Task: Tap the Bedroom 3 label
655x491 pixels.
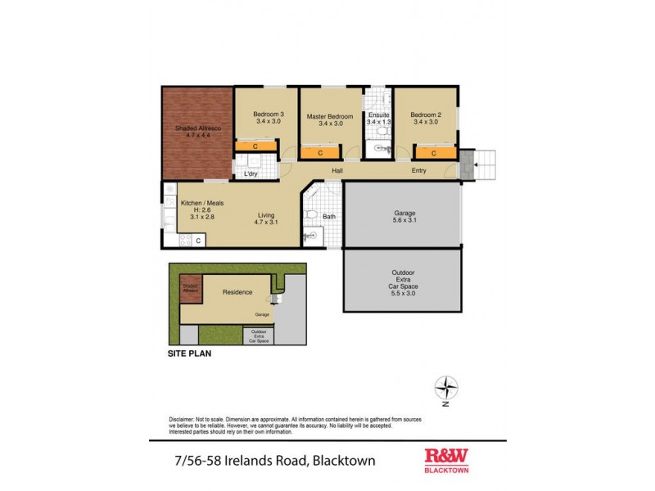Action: [268, 118]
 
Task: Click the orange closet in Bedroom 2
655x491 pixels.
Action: [433, 152]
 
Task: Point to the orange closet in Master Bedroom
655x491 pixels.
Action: [320, 152]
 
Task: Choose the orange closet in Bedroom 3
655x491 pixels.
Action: [255, 146]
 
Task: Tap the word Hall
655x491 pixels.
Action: [337, 171]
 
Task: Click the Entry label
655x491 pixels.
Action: [418, 171]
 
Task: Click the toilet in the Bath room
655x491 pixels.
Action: [310, 215]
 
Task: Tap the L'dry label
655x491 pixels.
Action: [251, 173]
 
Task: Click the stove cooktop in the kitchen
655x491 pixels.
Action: [184, 241]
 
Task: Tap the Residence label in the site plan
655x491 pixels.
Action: [237, 292]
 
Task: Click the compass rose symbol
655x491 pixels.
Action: [445, 386]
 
